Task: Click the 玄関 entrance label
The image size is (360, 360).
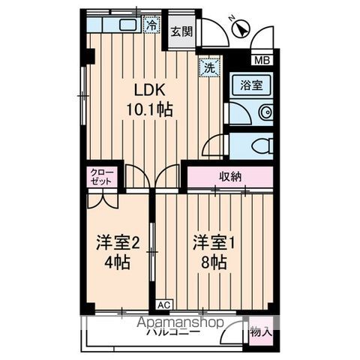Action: [180, 31]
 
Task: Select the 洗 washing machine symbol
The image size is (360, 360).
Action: [210, 67]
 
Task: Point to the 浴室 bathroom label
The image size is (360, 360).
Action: [251, 85]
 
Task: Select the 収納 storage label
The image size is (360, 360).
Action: [231, 177]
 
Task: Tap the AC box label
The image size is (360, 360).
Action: [163, 305]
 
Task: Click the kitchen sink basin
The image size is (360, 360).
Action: [126, 25]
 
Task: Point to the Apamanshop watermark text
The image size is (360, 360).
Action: [180, 322]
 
